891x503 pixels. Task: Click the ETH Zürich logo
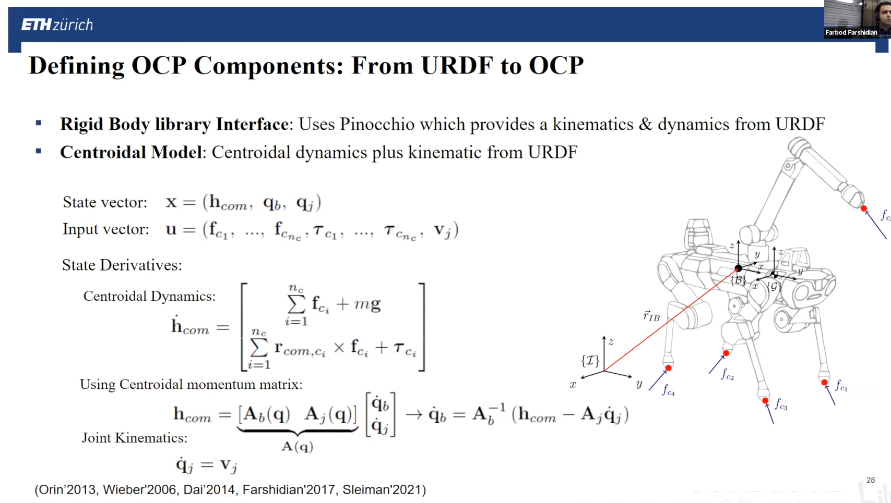57,24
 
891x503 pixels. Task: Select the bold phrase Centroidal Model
131,152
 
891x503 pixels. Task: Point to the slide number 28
871,480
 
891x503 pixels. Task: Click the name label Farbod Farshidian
851,32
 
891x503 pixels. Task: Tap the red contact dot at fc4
668,368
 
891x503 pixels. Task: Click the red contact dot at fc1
824,383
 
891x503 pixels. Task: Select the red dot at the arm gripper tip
864,209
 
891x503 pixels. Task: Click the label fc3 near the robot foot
781,404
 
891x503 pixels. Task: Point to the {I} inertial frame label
590,360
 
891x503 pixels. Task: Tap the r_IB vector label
651,316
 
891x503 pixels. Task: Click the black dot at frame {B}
738,268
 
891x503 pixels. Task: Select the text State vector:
105,202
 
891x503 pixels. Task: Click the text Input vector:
105,229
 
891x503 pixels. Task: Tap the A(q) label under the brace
298,446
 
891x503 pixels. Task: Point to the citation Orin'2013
66,489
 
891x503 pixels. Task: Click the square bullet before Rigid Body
39,124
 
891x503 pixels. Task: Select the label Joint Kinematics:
134,438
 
